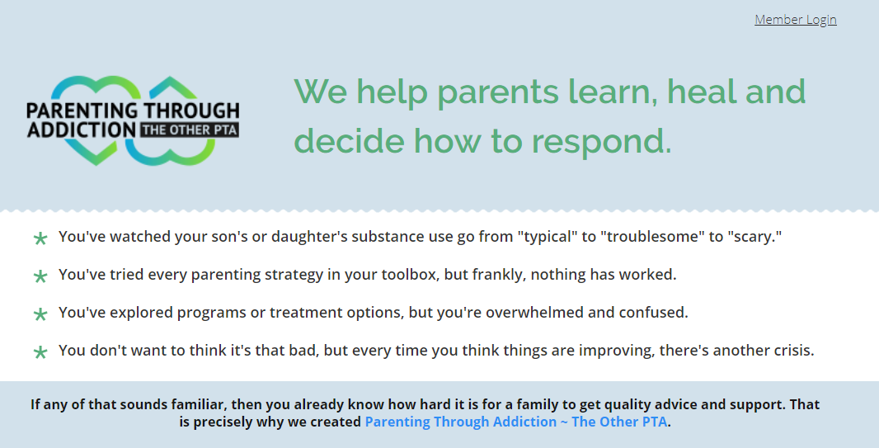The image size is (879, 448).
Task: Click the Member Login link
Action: [796, 20]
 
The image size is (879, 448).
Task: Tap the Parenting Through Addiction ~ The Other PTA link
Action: [516, 422]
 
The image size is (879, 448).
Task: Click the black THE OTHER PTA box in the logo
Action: [190, 130]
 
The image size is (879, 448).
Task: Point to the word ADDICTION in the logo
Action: [82, 130]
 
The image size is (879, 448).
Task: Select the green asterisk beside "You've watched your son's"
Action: [40, 238]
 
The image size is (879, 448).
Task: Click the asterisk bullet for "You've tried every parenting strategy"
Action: [40, 276]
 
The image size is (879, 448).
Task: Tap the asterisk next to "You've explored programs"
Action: [40, 314]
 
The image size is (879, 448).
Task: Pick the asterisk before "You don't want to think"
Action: [40, 352]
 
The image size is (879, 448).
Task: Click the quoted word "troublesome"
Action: [651, 237]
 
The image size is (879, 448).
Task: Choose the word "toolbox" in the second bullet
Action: [411, 275]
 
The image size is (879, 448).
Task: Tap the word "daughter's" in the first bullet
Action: [309, 237]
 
